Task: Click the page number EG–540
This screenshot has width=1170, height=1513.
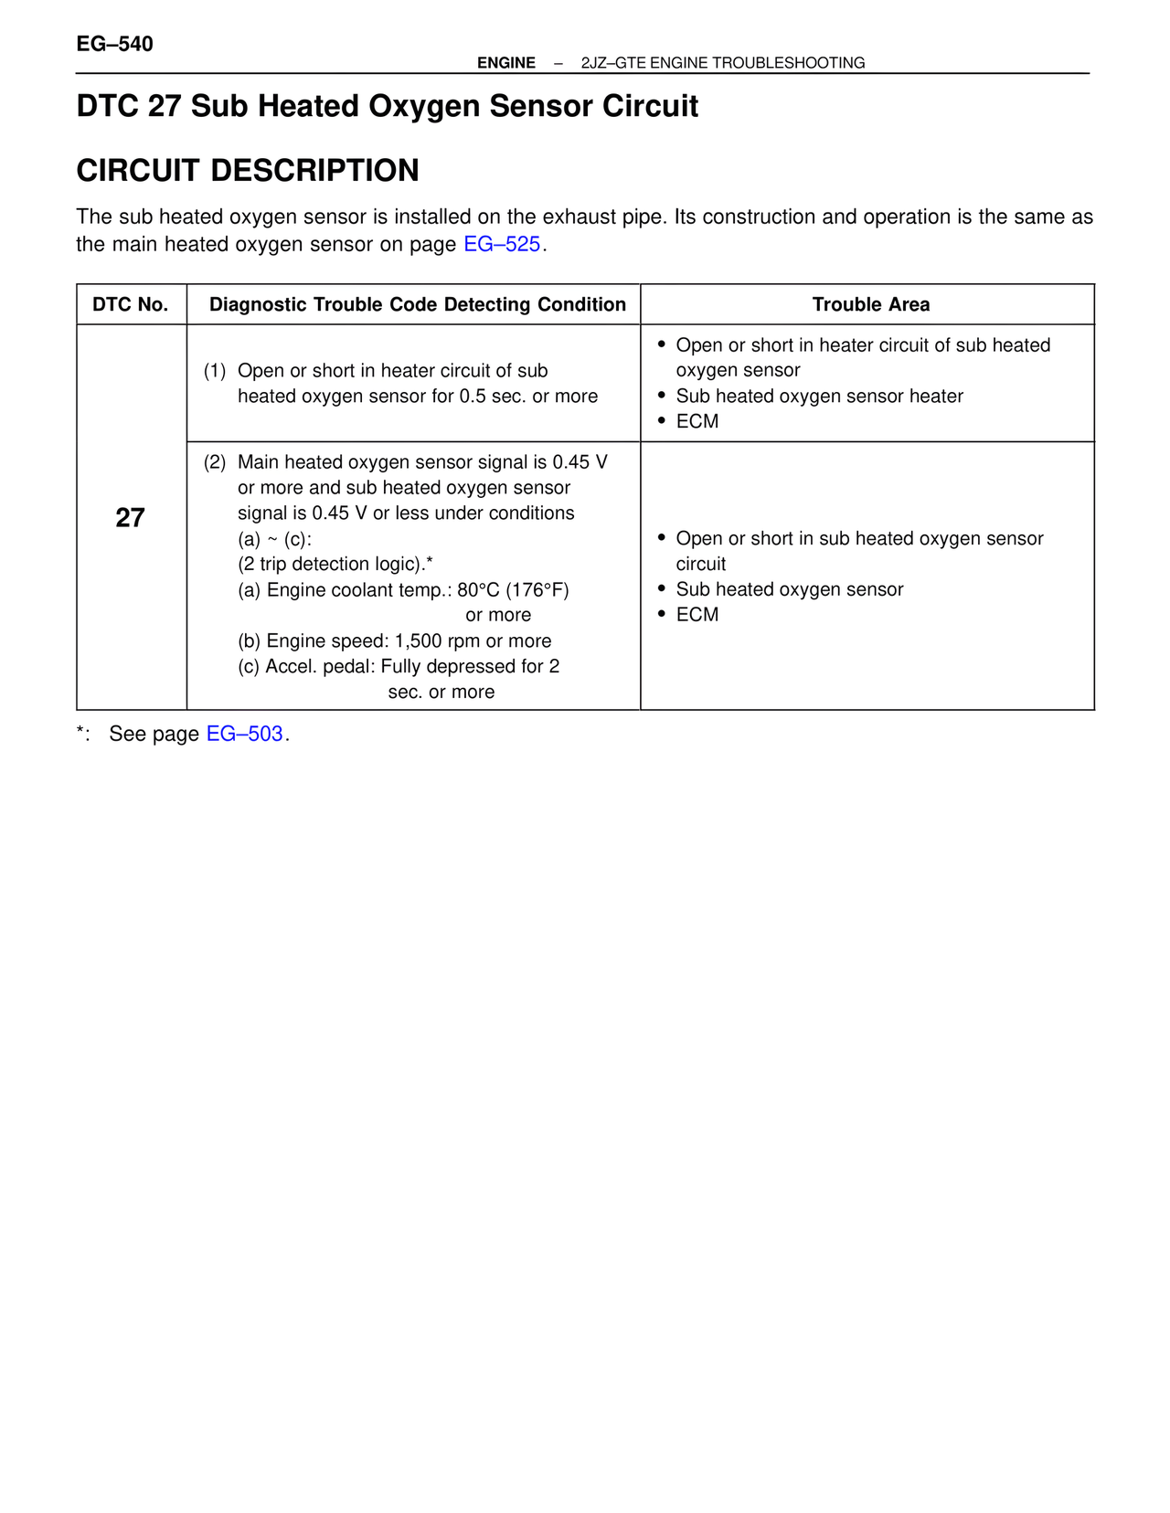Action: click(115, 44)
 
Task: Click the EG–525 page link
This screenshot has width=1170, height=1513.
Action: click(502, 245)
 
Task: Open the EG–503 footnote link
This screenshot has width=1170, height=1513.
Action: click(244, 734)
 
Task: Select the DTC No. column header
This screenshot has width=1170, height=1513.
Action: click(131, 304)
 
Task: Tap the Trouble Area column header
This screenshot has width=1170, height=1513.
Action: click(870, 304)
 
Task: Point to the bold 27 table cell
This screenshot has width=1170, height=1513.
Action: click(130, 518)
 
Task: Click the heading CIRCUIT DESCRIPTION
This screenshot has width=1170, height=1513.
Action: click(248, 171)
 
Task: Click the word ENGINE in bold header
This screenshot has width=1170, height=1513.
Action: click(506, 63)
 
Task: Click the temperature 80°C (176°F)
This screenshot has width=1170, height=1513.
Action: click(513, 590)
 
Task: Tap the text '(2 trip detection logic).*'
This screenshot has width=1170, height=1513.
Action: click(335, 565)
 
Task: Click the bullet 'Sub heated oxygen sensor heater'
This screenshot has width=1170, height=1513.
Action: click(819, 397)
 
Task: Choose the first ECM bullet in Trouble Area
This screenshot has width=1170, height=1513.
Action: click(697, 421)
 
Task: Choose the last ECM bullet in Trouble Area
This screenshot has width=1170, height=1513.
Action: click(697, 615)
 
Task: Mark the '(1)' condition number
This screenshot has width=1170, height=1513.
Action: click(215, 371)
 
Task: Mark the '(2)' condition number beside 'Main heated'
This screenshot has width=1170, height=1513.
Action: click(215, 462)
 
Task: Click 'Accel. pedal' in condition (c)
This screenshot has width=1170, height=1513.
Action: click(317, 667)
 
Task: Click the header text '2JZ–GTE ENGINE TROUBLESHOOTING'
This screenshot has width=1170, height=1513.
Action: click(722, 63)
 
